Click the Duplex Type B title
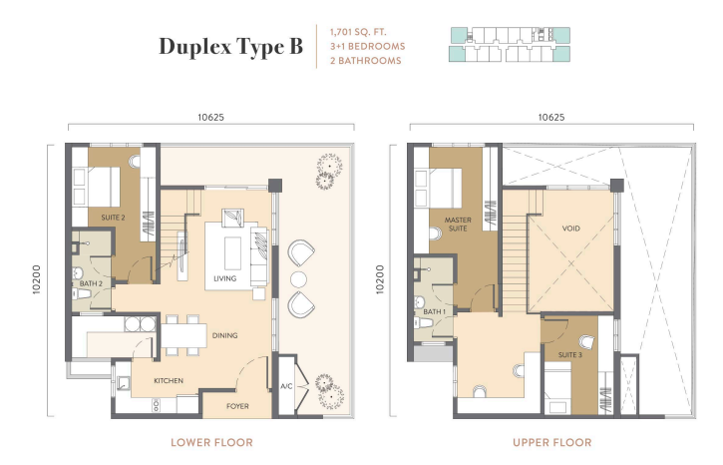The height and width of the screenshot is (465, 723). coord(231,47)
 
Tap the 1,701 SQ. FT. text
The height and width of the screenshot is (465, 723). coord(358,32)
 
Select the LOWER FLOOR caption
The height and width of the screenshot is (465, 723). coord(211,442)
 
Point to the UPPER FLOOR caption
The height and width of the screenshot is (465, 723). coord(551,442)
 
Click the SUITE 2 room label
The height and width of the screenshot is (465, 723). coord(113,218)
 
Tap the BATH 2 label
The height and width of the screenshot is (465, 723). coord(91,283)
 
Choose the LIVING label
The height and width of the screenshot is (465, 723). coord(225,278)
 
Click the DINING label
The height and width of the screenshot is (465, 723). coord(225,335)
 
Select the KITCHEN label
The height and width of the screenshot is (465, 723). coord(169,380)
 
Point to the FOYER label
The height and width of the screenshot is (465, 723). coord(237,406)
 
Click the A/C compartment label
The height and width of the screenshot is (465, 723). coord(286,386)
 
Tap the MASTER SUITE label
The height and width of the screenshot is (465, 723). coord(458,224)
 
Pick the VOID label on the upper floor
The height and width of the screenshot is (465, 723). coord(570,229)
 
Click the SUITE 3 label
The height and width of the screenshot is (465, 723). coord(569,355)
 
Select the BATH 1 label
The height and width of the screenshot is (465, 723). coord(435,311)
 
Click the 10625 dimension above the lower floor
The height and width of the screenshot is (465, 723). coord(210,117)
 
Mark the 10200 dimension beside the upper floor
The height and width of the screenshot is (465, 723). coord(380,279)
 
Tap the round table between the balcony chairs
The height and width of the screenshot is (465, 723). coord(298,279)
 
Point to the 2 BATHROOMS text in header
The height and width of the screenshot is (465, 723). coord(366,61)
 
